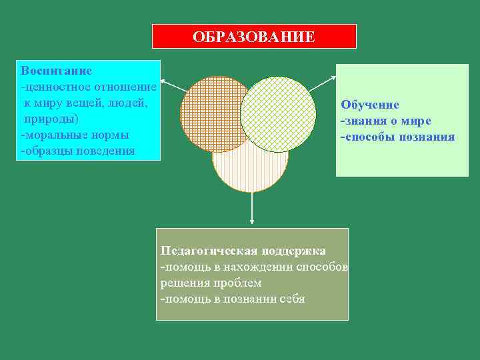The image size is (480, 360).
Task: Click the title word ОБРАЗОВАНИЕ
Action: tap(254, 37)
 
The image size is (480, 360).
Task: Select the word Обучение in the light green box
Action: tap(370, 105)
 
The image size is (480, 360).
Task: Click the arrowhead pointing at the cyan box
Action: tap(164, 82)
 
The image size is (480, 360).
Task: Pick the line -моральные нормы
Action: tap(75, 135)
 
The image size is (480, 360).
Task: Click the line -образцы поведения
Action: tap(77, 151)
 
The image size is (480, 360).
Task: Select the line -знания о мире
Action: tap(386, 121)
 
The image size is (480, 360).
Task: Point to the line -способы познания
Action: tap(397, 137)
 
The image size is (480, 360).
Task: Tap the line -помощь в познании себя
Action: tap(233, 299)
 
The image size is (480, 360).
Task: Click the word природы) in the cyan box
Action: tap(51, 119)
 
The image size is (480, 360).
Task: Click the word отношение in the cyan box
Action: tap(127, 87)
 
